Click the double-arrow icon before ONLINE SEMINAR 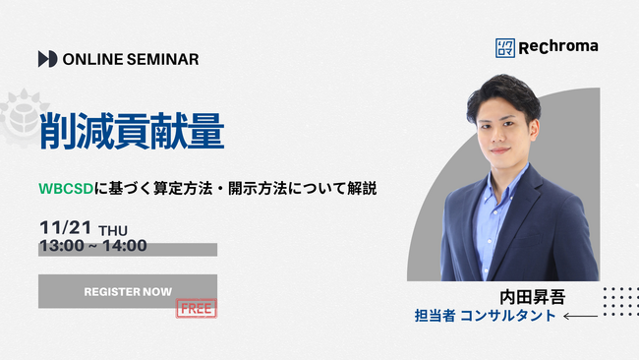coord(47,59)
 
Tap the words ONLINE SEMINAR coord(130,59)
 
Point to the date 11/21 coord(65,229)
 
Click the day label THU coord(113,231)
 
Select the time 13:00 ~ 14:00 coord(92,246)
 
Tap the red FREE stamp coord(196,308)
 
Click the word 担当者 coord(435,317)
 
